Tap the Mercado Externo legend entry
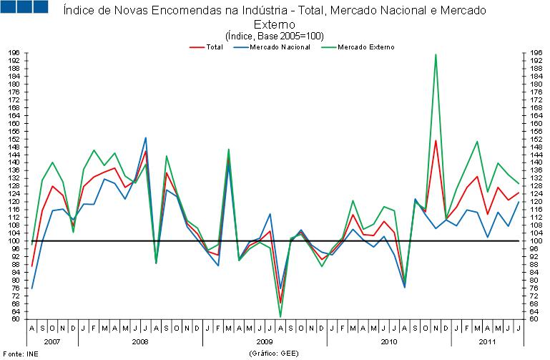point(364,47)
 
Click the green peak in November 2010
point(436,54)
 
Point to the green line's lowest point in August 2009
point(280,316)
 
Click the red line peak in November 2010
point(436,140)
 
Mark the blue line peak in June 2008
point(146,137)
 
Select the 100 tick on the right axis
point(533,241)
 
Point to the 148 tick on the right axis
point(533,147)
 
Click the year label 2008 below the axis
point(140,342)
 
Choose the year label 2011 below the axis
point(486,342)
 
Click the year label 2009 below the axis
point(265,342)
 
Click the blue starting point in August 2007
point(32,288)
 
